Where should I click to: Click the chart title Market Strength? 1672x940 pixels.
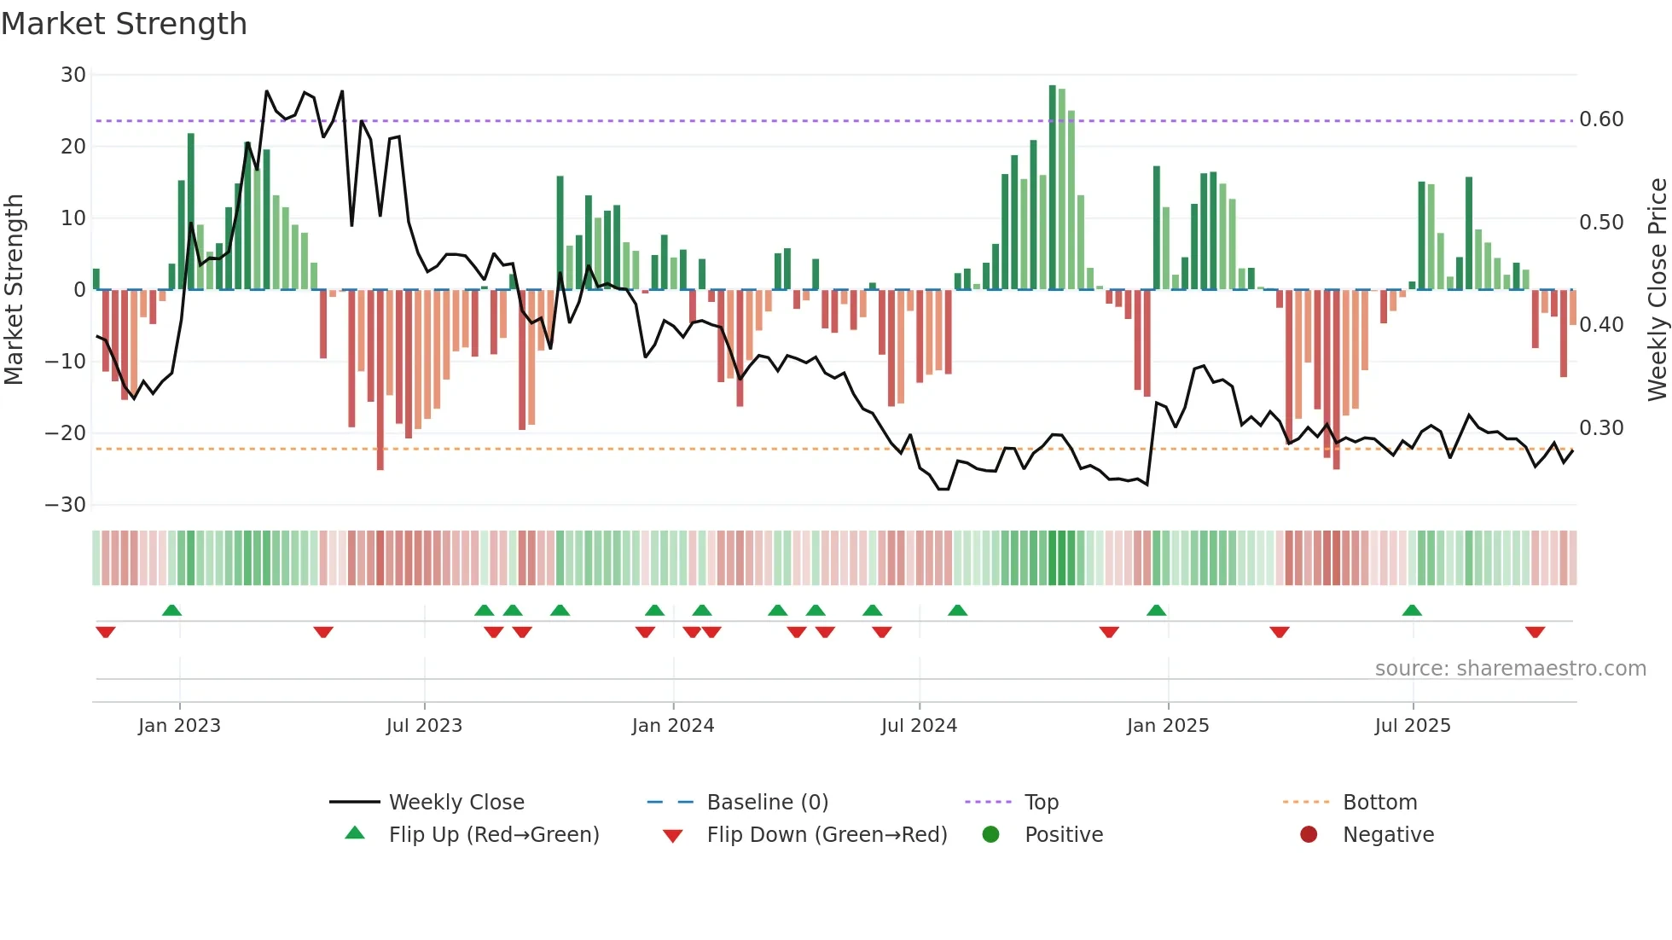pos(124,24)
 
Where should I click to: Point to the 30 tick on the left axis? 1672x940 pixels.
pos(73,75)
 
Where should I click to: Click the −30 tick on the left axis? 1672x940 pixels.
pos(66,504)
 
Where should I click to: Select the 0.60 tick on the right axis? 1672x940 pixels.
pos(1601,119)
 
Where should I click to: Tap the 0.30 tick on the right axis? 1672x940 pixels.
pos(1601,427)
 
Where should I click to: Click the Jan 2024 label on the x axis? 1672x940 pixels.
pos(673,726)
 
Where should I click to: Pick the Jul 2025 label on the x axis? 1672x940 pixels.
pos(1413,726)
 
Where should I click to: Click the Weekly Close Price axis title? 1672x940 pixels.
pos(1657,289)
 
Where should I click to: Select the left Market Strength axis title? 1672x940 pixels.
pos(14,289)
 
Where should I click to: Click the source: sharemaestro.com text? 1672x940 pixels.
pos(1510,669)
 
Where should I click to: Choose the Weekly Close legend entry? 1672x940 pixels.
pos(456,803)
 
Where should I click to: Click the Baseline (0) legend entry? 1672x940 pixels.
pos(767,803)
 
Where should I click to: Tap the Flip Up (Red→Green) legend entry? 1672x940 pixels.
pos(494,835)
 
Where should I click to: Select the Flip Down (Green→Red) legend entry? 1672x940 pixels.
pos(827,835)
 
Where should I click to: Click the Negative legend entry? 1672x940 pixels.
pos(1388,835)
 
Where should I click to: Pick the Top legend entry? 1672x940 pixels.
pos(1041,803)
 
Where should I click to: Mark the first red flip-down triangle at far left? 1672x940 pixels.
pos(106,632)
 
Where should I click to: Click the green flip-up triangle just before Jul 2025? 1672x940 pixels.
pos(1412,610)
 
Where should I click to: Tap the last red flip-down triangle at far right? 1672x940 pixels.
pos(1536,632)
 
